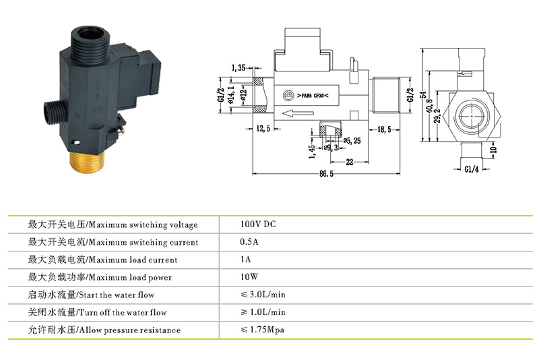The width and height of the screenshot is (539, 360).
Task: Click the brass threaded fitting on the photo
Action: [88, 162]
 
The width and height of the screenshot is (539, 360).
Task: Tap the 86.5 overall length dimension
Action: [326, 174]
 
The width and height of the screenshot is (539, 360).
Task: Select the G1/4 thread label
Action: [471, 169]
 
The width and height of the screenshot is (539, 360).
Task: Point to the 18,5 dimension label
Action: [384, 129]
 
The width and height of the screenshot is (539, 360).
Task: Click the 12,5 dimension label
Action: [263, 129]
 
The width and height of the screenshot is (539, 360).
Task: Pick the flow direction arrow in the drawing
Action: [298, 113]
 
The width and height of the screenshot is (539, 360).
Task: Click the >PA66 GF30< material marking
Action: [313, 96]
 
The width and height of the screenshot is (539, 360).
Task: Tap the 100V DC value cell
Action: [258, 224]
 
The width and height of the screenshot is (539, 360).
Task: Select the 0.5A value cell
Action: [249, 242]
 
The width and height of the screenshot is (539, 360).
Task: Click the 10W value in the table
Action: [249, 277]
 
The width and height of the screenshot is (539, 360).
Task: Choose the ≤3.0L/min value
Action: [263, 295]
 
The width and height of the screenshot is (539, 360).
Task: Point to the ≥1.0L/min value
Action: [263, 312]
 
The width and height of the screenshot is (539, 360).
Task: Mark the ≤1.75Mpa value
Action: [262, 330]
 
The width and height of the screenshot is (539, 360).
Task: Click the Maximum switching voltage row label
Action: [113, 224]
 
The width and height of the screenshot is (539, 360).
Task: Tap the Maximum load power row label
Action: [100, 277]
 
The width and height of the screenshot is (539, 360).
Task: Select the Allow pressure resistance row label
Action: [104, 330]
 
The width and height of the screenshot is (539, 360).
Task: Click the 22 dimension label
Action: [350, 162]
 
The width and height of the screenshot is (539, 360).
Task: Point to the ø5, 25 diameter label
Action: [352, 141]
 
